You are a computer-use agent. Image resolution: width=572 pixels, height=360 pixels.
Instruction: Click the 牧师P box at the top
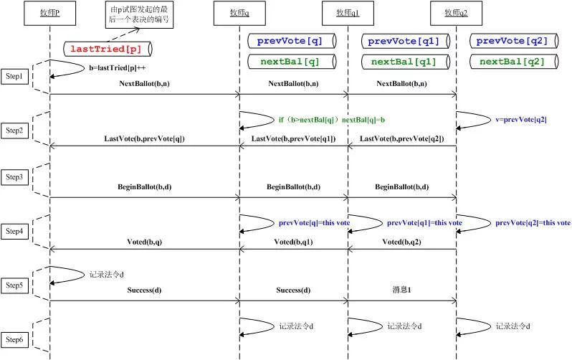point(50,13)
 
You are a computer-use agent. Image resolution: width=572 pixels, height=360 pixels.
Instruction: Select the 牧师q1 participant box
point(348,13)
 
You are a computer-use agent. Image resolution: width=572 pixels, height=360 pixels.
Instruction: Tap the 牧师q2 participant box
point(456,13)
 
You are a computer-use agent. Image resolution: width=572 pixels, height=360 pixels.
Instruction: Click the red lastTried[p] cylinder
point(108,49)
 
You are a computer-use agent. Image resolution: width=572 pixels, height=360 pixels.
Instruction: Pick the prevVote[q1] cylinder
point(405,41)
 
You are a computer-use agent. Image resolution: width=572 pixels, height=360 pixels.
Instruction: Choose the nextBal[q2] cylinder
point(514,62)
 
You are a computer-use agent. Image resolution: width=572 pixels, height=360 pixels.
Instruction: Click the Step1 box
point(14,76)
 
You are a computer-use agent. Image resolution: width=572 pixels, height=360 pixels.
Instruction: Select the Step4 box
point(14,231)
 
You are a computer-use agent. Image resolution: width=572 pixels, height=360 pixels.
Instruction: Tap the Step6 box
point(14,339)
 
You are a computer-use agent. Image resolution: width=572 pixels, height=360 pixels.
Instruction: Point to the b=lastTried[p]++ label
point(117,68)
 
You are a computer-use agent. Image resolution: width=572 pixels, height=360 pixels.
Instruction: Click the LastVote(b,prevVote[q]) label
point(145,138)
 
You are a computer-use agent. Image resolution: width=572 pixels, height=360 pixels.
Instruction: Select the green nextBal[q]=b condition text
point(332,120)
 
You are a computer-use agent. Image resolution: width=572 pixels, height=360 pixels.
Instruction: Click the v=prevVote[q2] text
point(521,120)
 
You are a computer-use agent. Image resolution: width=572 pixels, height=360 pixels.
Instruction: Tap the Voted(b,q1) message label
point(293,242)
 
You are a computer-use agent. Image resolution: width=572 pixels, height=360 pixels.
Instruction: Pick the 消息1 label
point(401,290)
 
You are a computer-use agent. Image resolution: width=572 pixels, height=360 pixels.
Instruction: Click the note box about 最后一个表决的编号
point(139,14)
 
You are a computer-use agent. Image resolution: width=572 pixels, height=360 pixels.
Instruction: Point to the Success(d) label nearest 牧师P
point(145,290)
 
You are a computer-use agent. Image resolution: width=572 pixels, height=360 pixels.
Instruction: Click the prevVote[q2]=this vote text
point(533,223)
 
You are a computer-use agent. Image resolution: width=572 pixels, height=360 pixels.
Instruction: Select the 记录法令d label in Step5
point(107,275)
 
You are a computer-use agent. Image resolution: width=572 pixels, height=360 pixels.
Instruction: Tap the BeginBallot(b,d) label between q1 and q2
point(401,187)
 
